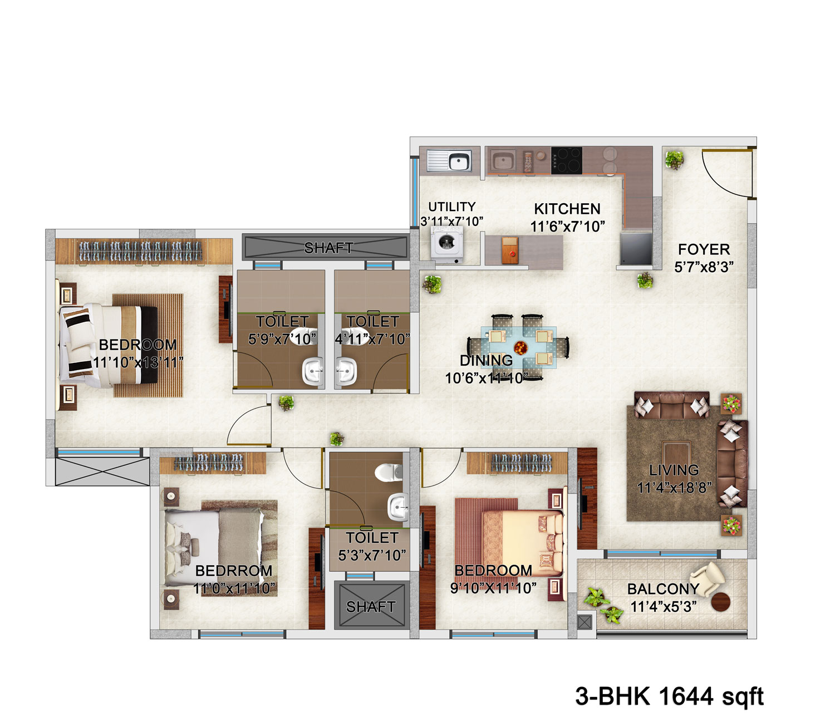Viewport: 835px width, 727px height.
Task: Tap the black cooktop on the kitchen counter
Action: (567, 161)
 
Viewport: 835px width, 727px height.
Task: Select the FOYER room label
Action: (704, 249)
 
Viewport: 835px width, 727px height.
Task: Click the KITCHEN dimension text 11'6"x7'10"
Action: (567, 227)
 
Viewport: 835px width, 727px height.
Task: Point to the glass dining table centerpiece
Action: (520, 348)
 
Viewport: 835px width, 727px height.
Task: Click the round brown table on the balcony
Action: (720, 602)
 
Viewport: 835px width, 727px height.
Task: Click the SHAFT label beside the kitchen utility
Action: (328, 248)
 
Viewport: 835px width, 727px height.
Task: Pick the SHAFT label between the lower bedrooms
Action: (371, 607)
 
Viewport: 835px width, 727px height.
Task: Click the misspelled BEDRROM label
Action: (233, 571)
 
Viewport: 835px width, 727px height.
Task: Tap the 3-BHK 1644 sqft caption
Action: (669, 696)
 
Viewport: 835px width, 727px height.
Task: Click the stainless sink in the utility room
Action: (449, 160)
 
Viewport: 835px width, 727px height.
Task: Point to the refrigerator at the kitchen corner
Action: (636, 248)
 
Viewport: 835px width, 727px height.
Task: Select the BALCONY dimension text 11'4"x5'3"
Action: (663, 607)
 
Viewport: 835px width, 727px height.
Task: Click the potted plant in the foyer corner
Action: (674, 160)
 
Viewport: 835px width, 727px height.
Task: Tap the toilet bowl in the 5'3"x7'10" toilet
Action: (388, 472)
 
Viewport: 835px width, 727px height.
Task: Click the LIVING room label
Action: (674, 470)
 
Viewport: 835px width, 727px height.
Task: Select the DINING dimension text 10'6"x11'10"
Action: (486, 378)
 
